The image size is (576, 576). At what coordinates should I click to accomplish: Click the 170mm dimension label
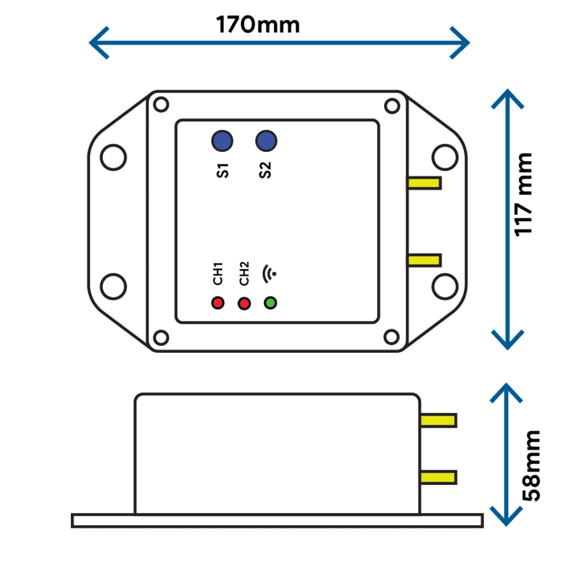[258, 25]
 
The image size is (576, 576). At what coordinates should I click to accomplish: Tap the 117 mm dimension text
[523, 195]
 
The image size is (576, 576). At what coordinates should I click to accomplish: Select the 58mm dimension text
[531, 466]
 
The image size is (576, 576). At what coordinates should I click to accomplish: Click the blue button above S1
[222, 141]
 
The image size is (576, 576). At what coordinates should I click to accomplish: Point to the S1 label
[223, 171]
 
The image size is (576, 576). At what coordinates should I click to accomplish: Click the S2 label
[265, 170]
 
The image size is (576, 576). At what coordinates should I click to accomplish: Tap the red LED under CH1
[218, 303]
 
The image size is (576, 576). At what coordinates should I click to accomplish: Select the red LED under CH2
[244, 303]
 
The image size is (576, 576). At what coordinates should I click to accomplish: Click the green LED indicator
[271, 303]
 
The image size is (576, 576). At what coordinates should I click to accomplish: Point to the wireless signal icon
[269, 274]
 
